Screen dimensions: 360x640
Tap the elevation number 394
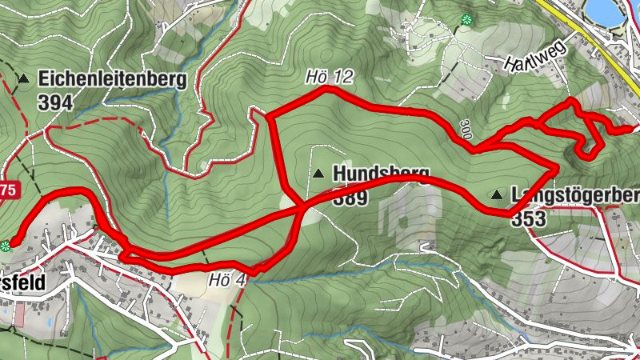[54, 102]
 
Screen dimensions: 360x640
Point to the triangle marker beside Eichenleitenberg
[24, 79]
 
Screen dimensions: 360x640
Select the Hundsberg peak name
[381, 173]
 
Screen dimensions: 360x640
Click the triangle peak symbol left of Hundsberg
[319, 173]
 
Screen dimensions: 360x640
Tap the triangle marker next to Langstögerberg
[498, 194]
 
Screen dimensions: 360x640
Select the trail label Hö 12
[328, 78]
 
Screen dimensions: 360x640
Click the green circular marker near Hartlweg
[466, 19]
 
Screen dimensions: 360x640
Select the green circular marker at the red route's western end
[7, 245]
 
